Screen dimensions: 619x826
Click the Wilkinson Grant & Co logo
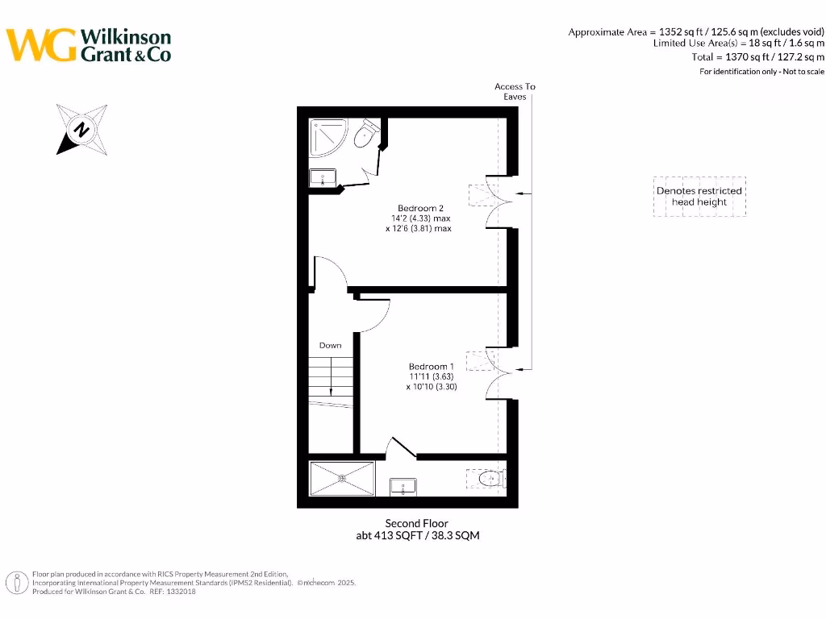[x=89, y=45]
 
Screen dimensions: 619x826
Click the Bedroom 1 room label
[x=431, y=366]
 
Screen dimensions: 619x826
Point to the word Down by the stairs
[x=330, y=345]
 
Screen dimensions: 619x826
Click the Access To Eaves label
[x=515, y=91]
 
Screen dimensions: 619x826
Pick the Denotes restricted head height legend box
[x=699, y=197]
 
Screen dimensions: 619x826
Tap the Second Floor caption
[x=416, y=523]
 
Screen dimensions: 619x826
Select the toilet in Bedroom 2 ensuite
[x=367, y=135]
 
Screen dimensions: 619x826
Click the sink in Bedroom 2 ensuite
[x=323, y=178]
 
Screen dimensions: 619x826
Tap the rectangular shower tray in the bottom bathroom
[x=343, y=479]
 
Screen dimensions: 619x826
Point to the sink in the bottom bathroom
[x=403, y=486]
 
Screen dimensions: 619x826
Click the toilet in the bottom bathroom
[x=489, y=480]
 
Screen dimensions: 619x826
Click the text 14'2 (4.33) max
[x=418, y=218]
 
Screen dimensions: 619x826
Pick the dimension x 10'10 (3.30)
[x=432, y=386]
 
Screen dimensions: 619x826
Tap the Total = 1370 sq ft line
[x=758, y=57]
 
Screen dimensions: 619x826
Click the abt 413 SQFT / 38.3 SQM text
[x=418, y=535]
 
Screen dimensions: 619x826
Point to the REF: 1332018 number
[x=173, y=592]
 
